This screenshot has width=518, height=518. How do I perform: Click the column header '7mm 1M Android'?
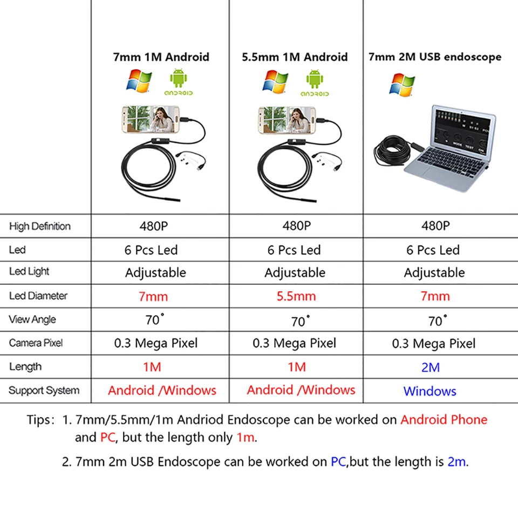pyautogui.click(x=161, y=57)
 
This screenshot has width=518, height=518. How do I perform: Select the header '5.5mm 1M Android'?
pyautogui.click(x=295, y=57)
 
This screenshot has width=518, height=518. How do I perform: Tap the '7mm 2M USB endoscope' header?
pyautogui.click(x=434, y=57)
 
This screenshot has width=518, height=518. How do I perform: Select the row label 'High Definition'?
pyautogui.click(x=40, y=226)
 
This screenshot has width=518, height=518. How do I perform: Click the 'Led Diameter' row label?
pyautogui.click(x=38, y=296)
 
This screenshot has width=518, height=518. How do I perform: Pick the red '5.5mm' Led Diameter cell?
pyautogui.click(x=296, y=296)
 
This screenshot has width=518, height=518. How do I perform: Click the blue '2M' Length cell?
pyautogui.click(x=431, y=367)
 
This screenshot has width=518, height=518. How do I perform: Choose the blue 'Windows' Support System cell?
pyautogui.click(x=430, y=391)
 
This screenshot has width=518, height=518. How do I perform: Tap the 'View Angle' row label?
pyautogui.click(x=32, y=319)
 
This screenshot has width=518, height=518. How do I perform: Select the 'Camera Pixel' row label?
pyautogui.click(x=36, y=343)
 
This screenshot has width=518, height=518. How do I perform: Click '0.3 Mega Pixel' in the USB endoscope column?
pyautogui.click(x=434, y=344)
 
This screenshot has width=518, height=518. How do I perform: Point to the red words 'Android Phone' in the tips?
pyautogui.click(x=444, y=420)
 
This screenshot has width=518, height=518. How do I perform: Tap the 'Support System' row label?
pyautogui.click(x=44, y=390)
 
